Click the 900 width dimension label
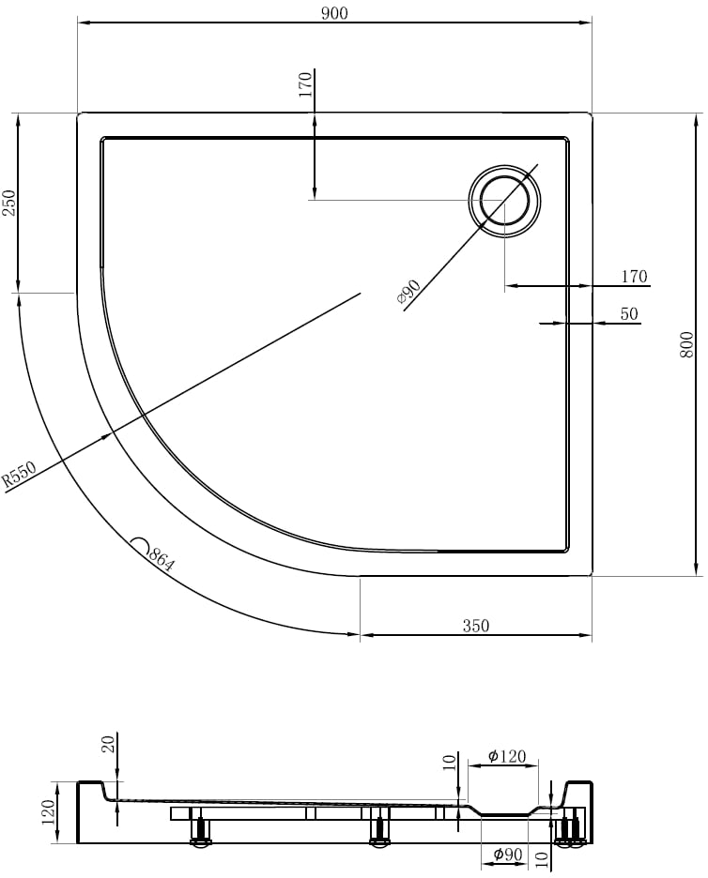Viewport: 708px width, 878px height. click(334, 13)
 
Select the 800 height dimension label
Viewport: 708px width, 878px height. click(686, 345)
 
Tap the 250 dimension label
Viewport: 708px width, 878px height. click(10, 203)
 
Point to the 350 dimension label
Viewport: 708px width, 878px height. click(476, 626)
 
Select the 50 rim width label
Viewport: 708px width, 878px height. click(629, 313)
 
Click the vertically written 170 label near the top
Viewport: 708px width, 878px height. click(305, 84)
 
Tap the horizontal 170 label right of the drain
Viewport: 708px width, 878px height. click(634, 277)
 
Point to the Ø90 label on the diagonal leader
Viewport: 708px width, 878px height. click(408, 293)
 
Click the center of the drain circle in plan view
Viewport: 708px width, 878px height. click(504, 201)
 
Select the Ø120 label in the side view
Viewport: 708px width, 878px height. click(507, 756)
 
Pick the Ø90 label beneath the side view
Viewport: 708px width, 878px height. click(507, 855)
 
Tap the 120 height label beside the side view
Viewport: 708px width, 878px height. click(49, 812)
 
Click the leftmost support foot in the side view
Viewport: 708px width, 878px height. click(199, 827)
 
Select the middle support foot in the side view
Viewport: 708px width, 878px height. click(380, 827)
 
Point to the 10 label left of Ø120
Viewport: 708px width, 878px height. click(450, 762)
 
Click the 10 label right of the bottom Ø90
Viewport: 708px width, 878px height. click(541, 859)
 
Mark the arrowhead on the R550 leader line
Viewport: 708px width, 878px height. click(106, 436)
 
